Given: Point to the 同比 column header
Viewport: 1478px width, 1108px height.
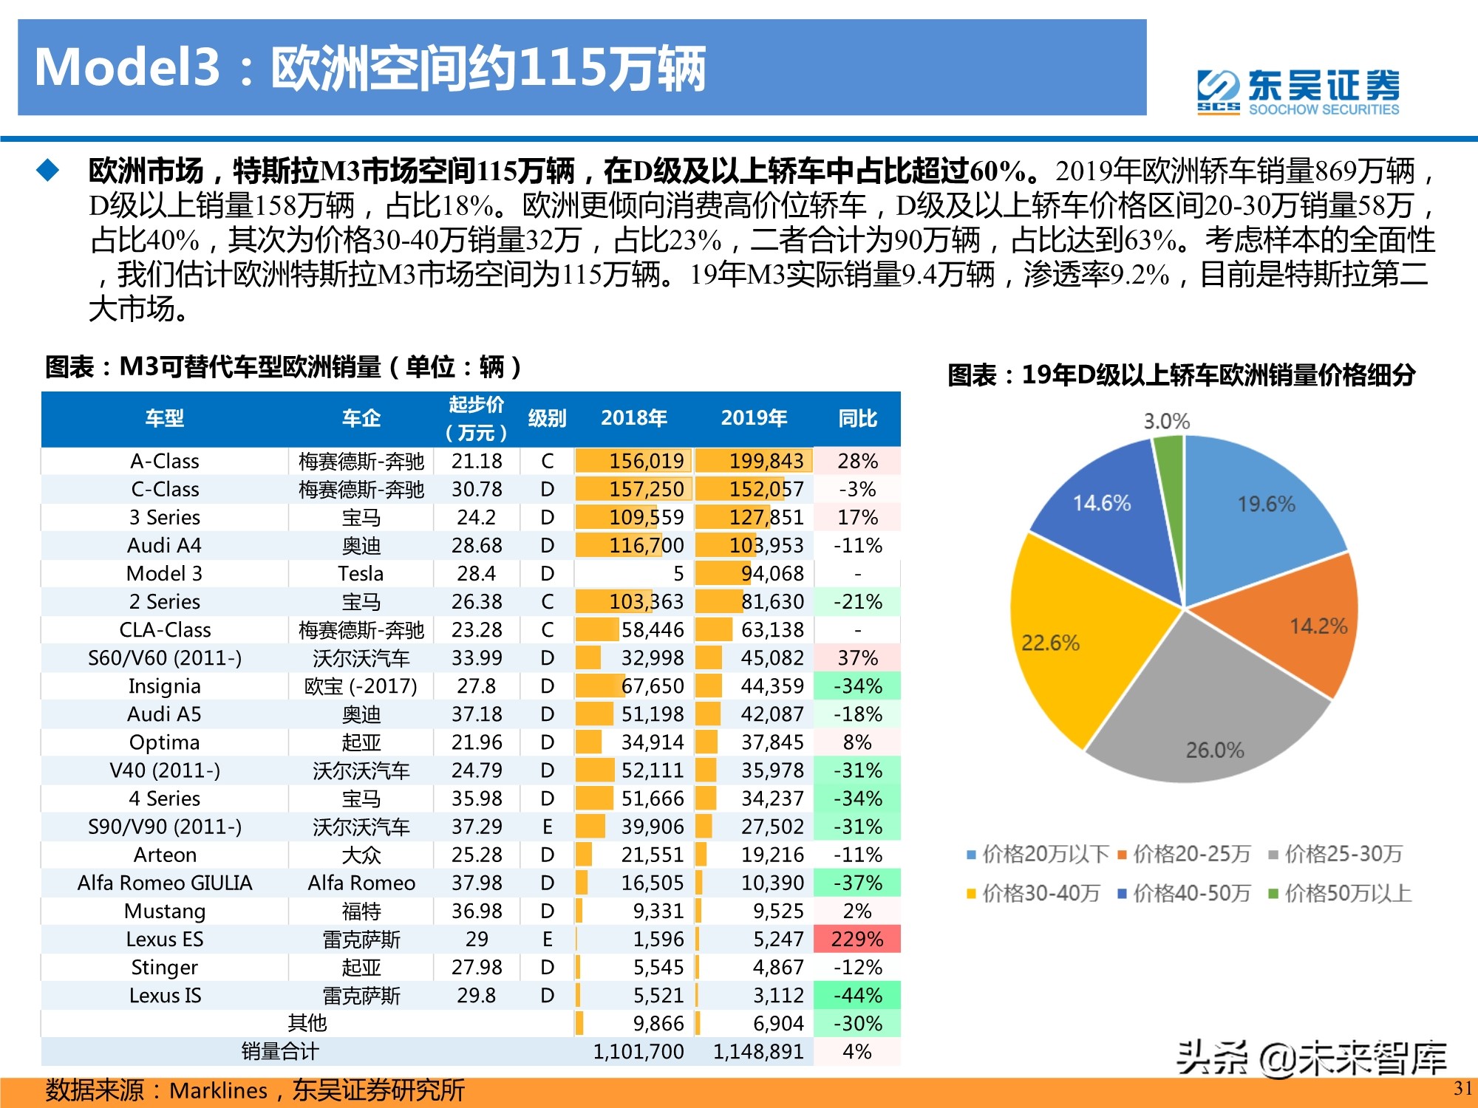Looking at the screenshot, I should [x=857, y=419].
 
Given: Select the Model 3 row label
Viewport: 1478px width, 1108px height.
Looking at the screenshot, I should [x=164, y=574].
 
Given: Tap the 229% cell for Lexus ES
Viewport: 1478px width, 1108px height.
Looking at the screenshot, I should [x=857, y=940].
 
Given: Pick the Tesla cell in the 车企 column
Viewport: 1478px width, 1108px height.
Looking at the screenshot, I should [x=361, y=574].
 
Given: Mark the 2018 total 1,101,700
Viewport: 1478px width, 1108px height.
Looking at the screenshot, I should [x=638, y=1052].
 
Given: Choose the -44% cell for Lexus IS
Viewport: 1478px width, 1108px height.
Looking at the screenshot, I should [x=857, y=996].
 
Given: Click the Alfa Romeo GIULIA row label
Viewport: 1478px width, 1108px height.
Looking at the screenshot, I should [x=164, y=883].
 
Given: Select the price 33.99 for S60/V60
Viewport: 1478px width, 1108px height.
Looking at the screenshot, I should [x=477, y=658].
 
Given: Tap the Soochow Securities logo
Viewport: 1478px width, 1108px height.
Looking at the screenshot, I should [x=1298, y=92].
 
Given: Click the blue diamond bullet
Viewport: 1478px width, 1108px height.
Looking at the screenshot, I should [x=48, y=171].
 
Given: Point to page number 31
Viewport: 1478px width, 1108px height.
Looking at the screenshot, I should [x=1462, y=1088].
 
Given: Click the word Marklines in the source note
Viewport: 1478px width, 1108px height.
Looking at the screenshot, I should [x=219, y=1091].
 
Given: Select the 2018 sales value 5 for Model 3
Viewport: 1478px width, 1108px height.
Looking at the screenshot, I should [x=678, y=574].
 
